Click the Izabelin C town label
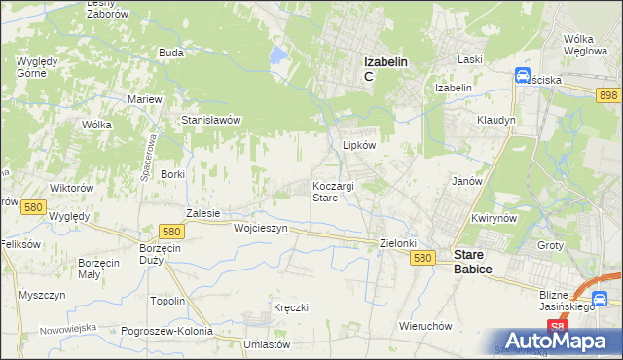385,68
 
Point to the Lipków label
359,144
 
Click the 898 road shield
608,93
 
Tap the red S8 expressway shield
555,328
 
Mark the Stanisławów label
211,120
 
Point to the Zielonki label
397,243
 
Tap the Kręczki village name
291,307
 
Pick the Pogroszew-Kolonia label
166,331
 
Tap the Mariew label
144,99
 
